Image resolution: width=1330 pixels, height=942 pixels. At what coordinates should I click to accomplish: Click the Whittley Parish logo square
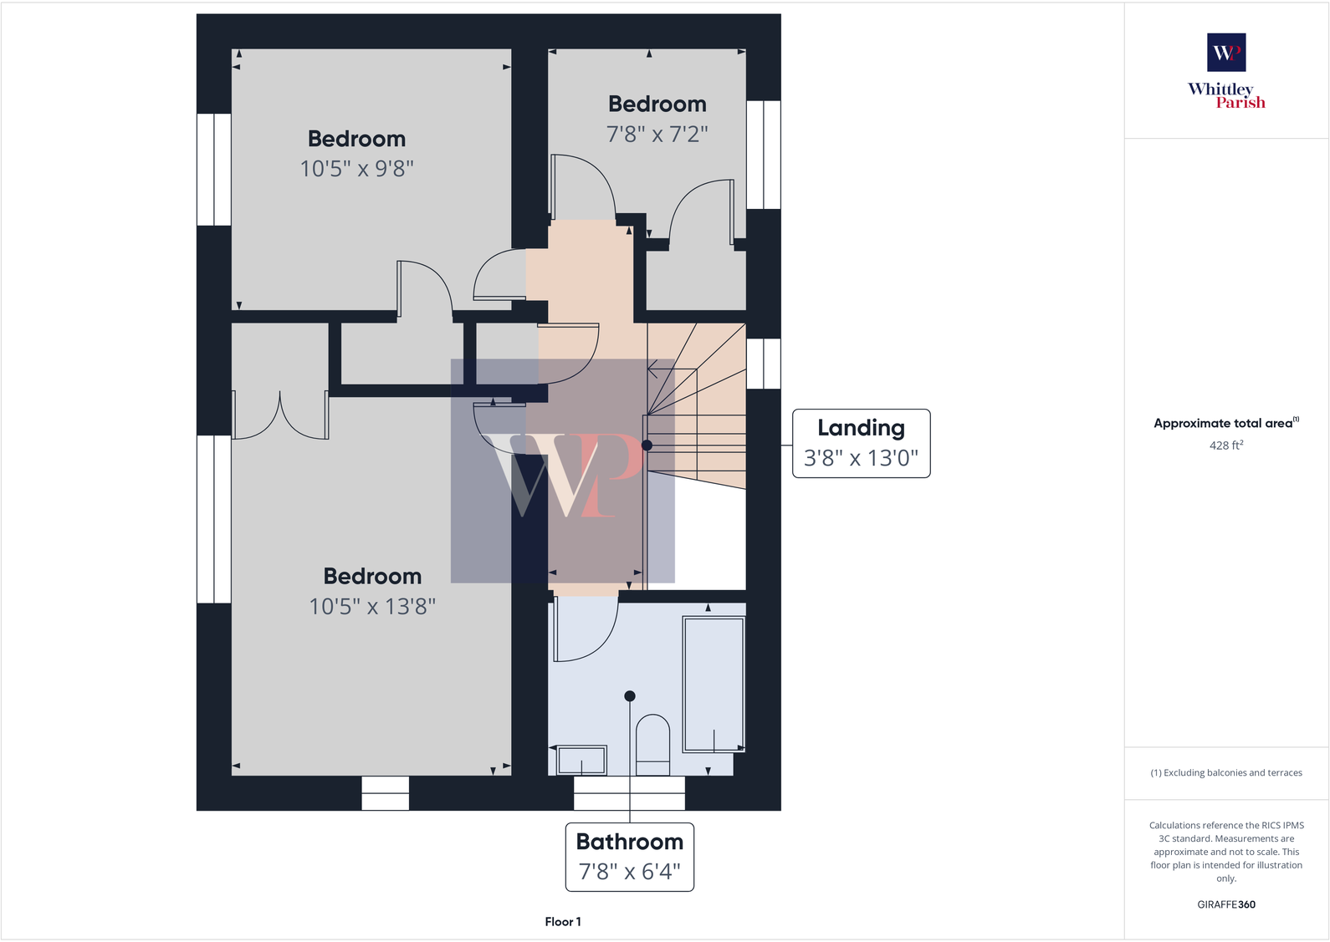pos(1226,53)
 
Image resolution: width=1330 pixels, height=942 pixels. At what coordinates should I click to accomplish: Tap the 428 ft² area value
pos(1225,446)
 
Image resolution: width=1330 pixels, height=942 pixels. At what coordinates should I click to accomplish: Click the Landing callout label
pos(861,428)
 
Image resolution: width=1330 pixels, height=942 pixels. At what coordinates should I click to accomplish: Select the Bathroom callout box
pos(630,857)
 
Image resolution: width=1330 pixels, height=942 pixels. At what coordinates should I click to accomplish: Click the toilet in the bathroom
pos(652,744)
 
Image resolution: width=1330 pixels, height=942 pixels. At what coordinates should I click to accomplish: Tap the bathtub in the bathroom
pos(714,684)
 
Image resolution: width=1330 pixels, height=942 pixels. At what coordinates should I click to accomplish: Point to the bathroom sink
pos(581,760)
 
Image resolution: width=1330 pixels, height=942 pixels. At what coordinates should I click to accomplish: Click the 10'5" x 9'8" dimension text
pos(357,169)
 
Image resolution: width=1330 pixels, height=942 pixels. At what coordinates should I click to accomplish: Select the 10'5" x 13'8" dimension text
pos(372,606)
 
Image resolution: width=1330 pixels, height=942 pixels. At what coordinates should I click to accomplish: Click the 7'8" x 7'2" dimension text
pos(657,134)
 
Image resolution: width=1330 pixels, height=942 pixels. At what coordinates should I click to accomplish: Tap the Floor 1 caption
pos(563,921)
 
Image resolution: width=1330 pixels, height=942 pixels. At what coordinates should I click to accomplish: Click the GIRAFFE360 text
pos(1225,904)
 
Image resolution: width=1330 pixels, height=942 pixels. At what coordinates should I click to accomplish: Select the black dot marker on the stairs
pos(647,446)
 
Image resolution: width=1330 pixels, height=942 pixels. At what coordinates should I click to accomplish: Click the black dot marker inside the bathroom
pos(630,696)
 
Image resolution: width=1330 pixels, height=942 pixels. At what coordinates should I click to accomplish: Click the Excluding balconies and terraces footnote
pos(1225,772)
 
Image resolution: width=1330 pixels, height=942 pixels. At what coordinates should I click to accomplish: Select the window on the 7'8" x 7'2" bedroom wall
pos(763,155)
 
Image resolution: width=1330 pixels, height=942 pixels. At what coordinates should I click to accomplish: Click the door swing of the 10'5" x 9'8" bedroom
pos(427,288)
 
